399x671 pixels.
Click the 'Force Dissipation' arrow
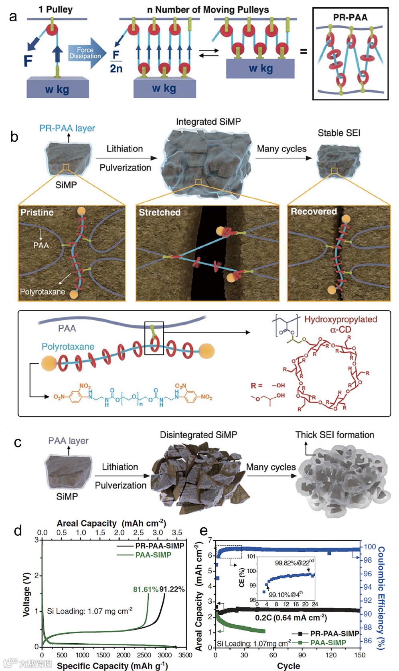point(85,53)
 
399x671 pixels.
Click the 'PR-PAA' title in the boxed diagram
point(350,17)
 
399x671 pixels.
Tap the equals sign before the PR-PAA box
point(304,51)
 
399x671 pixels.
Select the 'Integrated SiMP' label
point(208,122)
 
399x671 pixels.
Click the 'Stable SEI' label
point(339,133)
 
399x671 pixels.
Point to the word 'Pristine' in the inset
point(37,212)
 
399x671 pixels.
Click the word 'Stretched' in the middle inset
point(160,212)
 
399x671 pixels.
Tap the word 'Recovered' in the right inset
point(314,211)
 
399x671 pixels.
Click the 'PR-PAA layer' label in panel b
point(67,128)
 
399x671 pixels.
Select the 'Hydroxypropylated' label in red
point(340,319)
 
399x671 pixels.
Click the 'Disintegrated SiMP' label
point(198,435)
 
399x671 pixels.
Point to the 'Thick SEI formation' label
point(334,435)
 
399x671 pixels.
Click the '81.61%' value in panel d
point(146,589)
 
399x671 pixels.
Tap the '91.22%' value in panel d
point(172,589)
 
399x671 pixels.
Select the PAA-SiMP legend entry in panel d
point(153,555)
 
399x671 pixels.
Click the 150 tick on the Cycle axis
point(360,655)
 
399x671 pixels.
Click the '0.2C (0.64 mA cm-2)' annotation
point(291,618)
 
